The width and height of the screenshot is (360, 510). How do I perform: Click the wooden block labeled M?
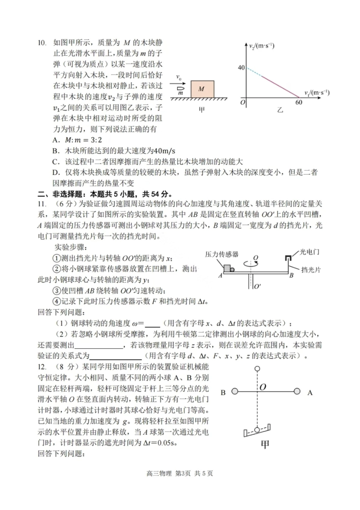pyautogui.click(x=202, y=89)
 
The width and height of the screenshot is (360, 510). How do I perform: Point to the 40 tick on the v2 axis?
pyautogui.click(x=241, y=68)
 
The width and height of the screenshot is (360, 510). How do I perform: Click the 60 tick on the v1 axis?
pyautogui.click(x=299, y=102)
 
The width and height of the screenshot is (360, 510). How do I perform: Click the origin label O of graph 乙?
pyautogui.click(x=243, y=102)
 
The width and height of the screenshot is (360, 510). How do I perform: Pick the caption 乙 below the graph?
pyautogui.click(x=280, y=110)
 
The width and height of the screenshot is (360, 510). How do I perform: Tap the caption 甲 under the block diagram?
pyautogui.click(x=202, y=110)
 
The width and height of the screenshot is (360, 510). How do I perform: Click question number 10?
pyautogui.click(x=42, y=43)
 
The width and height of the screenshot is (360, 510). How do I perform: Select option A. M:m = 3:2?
pyautogui.click(x=77, y=140)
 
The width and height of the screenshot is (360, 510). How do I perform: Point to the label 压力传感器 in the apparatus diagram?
pyautogui.click(x=222, y=254)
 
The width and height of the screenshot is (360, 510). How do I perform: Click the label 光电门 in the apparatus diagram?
pyautogui.click(x=309, y=252)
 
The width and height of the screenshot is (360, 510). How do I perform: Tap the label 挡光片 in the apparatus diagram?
pyautogui.click(x=311, y=270)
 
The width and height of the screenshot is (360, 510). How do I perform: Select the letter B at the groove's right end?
pyautogui.click(x=291, y=276)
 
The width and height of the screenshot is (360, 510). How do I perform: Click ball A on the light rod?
pyautogui.click(x=297, y=391)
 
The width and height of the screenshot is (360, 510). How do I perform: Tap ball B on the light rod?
pyautogui.click(x=235, y=391)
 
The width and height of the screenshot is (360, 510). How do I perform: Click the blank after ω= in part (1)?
pyautogui.click(x=152, y=324)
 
